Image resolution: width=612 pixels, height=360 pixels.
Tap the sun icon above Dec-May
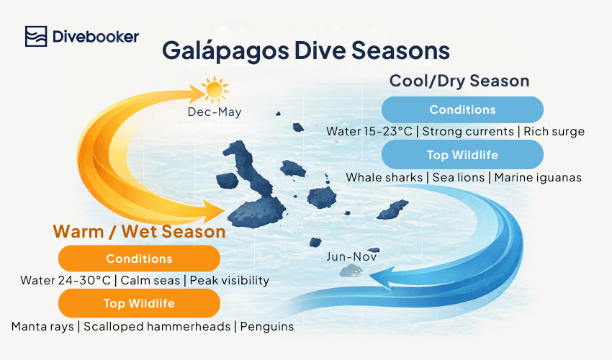[x=214, y=90]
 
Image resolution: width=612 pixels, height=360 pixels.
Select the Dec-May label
[x=215, y=112]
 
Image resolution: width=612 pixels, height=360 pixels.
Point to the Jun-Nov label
[x=351, y=256]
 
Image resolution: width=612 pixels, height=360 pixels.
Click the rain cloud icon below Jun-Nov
[x=351, y=271]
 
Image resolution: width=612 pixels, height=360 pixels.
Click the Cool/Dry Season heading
[x=459, y=80]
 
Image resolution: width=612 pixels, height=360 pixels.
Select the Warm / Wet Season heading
[x=139, y=232]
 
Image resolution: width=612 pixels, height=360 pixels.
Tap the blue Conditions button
[x=462, y=110]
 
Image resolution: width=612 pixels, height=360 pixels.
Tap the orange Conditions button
[x=139, y=258]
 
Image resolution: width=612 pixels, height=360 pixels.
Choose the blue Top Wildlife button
[x=462, y=155]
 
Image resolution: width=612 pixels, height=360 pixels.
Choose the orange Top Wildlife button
[x=139, y=304]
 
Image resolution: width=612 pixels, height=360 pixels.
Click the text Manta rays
[x=42, y=326]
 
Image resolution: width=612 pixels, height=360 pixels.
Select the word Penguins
[x=267, y=326]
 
